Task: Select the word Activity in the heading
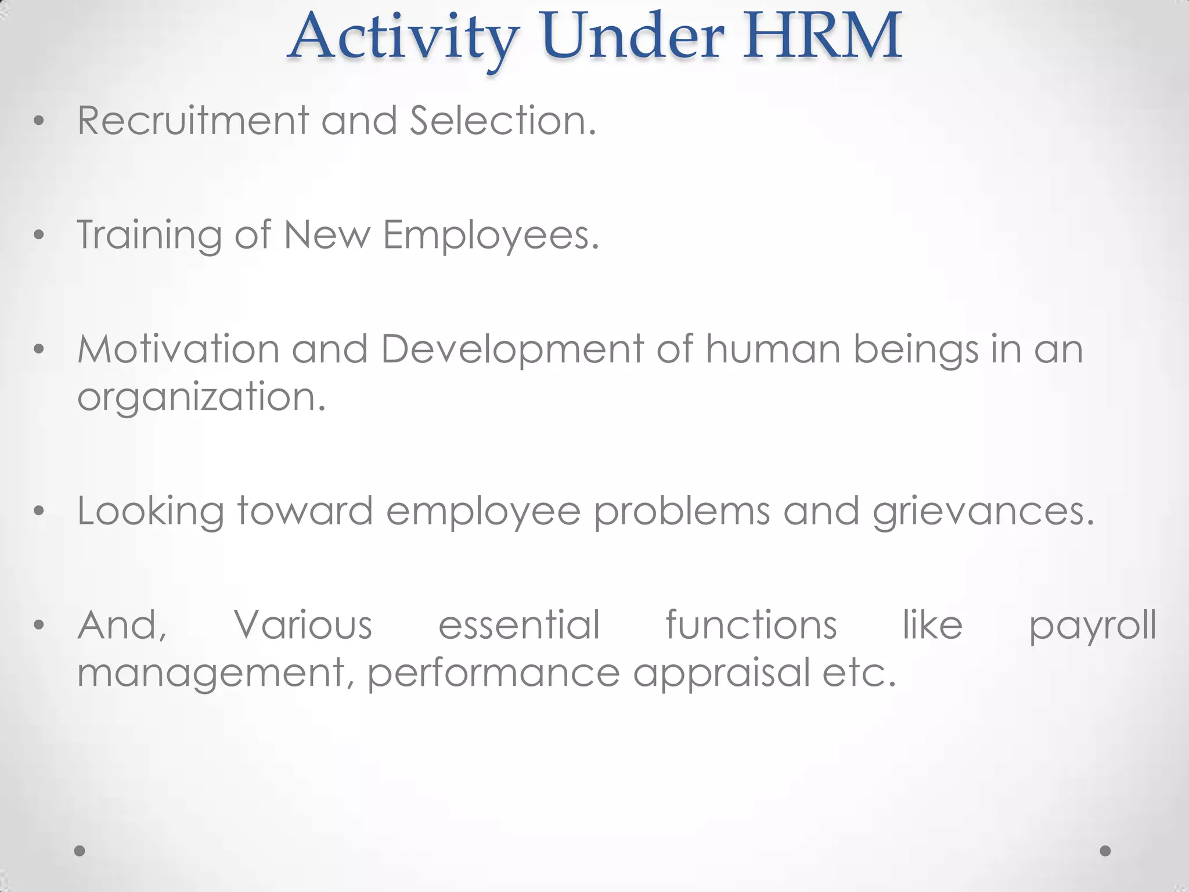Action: tap(403, 38)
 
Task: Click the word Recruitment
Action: tap(193, 121)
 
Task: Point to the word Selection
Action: tap(503, 121)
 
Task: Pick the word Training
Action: tap(149, 236)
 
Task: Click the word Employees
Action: tap(491, 236)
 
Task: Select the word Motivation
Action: tap(178, 350)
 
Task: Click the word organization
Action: tap(201, 398)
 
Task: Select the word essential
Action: tap(519, 625)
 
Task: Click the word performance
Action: tap(493, 674)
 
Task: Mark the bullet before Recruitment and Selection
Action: tap(39, 121)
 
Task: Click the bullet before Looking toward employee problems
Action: tap(39, 512)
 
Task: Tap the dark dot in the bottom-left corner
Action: tap(80, 851)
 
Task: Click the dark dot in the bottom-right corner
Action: tap(1105, 851)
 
